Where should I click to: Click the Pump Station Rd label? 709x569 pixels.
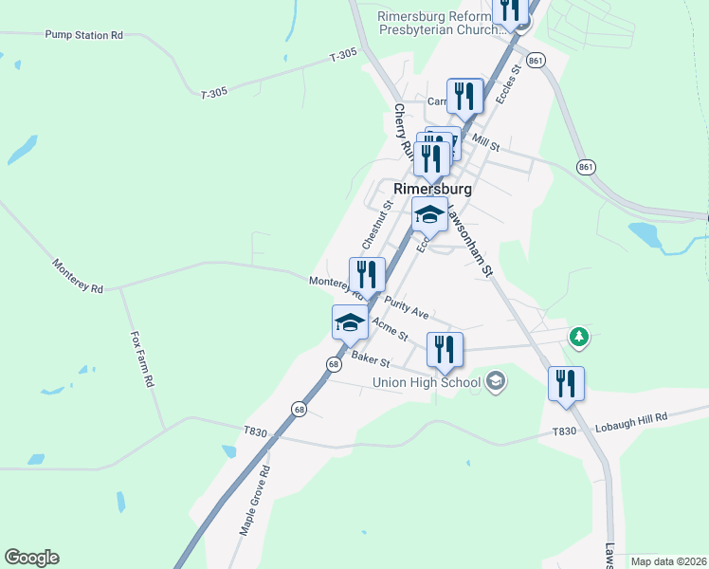(84, 35)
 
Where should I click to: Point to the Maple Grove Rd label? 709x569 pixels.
(254, 502)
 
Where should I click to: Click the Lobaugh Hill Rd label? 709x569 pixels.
(631, 417)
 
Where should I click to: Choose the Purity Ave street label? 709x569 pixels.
(407, 305)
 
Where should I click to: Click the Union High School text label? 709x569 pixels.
(427, 382)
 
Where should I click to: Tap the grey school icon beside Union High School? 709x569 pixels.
(495, 382)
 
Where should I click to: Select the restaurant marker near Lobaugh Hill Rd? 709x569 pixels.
(566, 384)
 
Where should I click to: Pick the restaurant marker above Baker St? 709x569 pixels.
(445, 349)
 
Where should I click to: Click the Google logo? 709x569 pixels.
(32, 558)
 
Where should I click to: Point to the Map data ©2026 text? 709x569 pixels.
(668, 561)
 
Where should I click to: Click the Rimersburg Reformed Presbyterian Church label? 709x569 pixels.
(438, 23)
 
